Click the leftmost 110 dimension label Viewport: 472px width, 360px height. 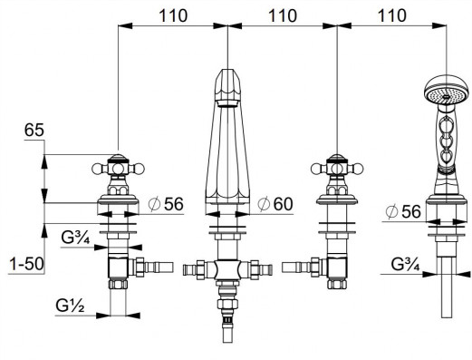click(x=173, y=15)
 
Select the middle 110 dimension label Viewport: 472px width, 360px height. click(x=283, y=15)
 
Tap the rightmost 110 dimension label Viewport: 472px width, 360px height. click(x=391, y=15)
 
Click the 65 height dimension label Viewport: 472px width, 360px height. click(x=34, y=131)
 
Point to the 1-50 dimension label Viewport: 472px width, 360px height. click(x=26, y=264)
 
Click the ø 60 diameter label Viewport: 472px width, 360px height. click(x=275, y=204)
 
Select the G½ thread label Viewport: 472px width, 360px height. click(x=70, y=306)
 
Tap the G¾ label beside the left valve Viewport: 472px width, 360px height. click(x=75, y=238)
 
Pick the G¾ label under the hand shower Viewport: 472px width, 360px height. click(x=405, y=264)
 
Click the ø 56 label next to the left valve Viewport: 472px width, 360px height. click(x=166, y=204)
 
